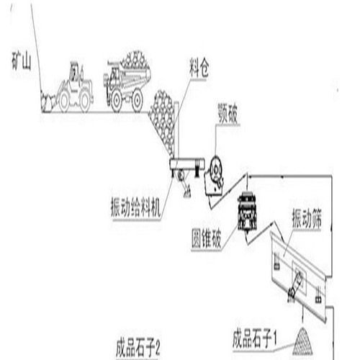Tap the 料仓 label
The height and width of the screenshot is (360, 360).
point(199,68)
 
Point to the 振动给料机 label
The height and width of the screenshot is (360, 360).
point(135,207)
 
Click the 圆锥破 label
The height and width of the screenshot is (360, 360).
point(206,238)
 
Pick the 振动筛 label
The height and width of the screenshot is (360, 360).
point(307,218)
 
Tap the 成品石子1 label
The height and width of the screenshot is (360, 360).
point(255,339)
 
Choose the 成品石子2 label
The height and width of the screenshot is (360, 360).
point(138,348)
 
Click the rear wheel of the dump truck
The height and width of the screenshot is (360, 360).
point(137,100)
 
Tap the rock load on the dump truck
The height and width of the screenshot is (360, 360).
point(135,60)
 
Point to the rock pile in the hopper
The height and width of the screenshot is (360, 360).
point(162,120)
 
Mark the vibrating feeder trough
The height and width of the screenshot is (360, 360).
point(187,163)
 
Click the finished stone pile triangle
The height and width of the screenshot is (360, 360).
point(302,341)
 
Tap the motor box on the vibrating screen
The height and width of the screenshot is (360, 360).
point(300,279)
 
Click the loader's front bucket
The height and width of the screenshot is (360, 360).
point(47,102)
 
